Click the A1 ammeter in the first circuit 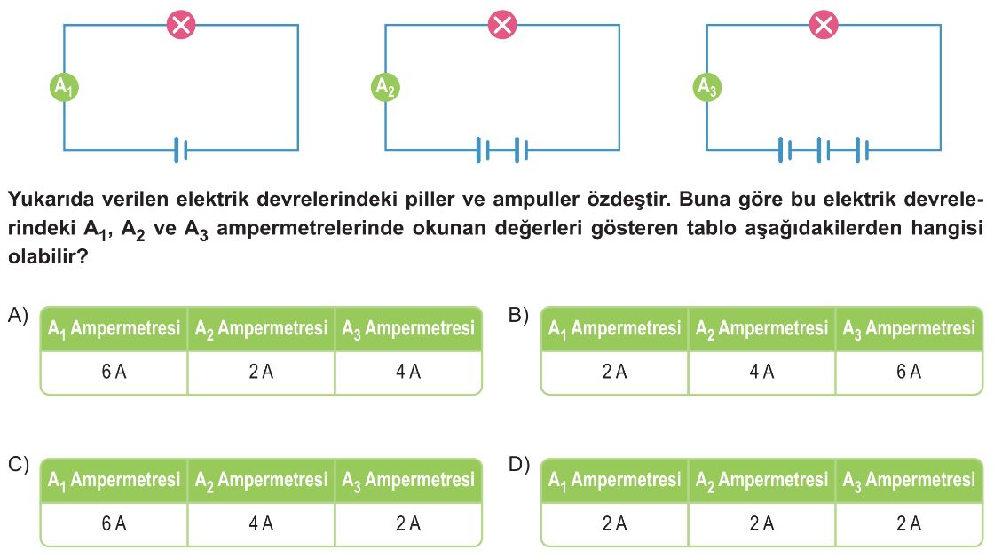64,87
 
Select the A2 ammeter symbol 385,87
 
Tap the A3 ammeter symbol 706,87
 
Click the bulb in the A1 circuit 181,25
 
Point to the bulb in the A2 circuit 502,25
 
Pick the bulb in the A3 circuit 824,25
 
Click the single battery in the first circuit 181,150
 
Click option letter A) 18,316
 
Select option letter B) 518,316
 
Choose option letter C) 18,465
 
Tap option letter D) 518,465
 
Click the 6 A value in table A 114,372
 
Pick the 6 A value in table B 909,372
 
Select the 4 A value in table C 261,523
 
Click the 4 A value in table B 761,372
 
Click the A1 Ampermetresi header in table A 114,329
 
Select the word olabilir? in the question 48,255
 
